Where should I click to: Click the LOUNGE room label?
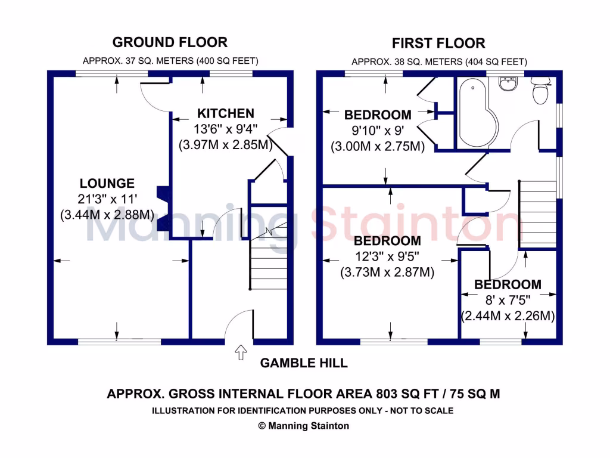107,184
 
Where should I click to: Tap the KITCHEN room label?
226,113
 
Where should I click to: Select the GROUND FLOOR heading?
170,42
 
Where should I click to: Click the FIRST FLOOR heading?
438,43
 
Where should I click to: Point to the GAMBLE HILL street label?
304,363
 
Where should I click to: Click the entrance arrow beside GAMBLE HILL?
241,352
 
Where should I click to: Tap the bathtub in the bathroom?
477,113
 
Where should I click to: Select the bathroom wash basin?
508,83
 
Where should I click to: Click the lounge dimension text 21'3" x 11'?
107,199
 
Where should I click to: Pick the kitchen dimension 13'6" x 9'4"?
226,129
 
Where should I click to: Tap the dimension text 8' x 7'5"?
508,301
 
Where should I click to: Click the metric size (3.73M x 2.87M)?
387,272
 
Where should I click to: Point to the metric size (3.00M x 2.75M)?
378,147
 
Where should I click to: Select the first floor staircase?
538,214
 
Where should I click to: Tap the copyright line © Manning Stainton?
303,426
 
